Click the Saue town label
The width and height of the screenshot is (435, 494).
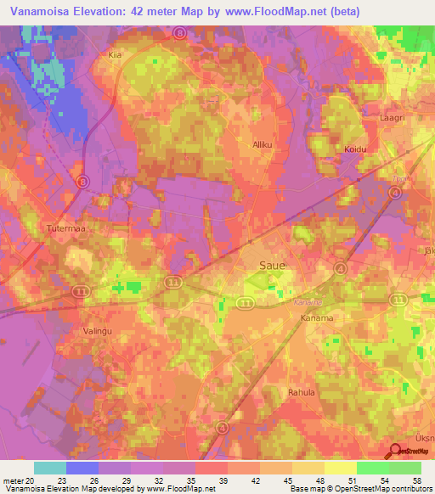coord(272,266)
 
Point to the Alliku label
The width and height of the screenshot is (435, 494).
coord(263,144)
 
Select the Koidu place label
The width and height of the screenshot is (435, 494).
coord(354,149)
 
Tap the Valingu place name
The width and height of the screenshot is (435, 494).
coord(98,332)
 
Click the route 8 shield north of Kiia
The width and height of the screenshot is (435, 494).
coord(179,32)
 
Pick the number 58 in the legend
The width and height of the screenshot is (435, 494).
coord(415,480)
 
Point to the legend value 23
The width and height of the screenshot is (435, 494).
coord(61,480)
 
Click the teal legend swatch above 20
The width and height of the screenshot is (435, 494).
coord(50,468)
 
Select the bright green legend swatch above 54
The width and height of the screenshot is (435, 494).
coord(372,468)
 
